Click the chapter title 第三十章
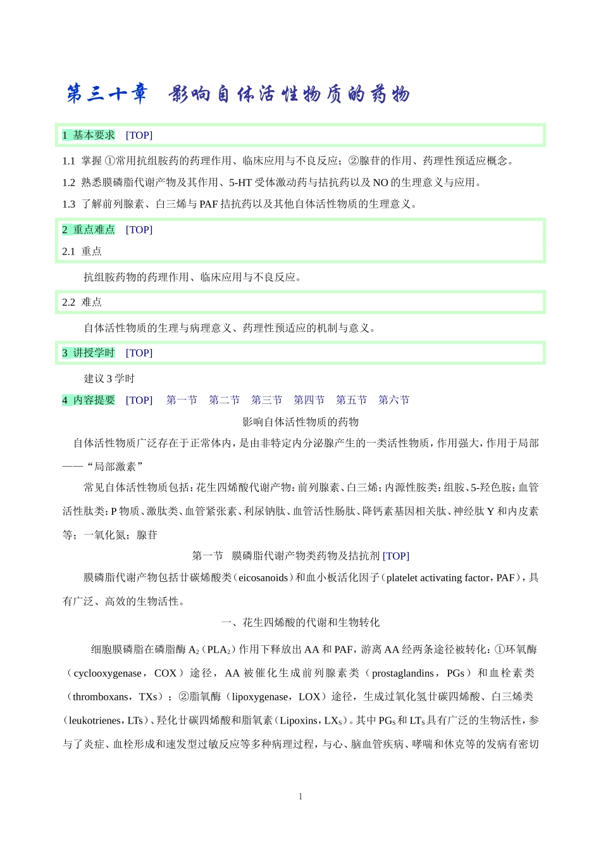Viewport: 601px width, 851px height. [x=107, y=94]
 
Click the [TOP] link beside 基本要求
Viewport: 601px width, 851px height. [x=139, y=136]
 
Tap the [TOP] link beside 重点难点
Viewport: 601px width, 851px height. [x=139, y=230]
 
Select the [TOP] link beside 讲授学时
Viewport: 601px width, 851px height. [x=139, y=353]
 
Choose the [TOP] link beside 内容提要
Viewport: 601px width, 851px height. [x=139, y=400]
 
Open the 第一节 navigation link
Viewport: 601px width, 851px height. [x=182, y=400]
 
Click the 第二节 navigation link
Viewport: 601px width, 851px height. [x=224, y=400]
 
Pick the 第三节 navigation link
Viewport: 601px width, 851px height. [x=266, y=400]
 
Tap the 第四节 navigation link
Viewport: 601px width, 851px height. [x=309, y=400]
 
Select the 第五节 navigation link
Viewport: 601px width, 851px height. [x=351, y=400]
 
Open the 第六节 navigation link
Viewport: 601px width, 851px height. [x=393, y=400]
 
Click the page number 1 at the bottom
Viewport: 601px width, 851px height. [x=300, y=797]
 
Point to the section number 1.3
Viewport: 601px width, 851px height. [x=68, y=204]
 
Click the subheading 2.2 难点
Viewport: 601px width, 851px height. [x=82, y=303]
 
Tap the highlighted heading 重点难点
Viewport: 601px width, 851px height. [x=94, y=230]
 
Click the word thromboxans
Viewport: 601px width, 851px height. [x=101, y=697]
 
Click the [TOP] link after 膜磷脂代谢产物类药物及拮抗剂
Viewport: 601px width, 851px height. [x=396, y=556]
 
